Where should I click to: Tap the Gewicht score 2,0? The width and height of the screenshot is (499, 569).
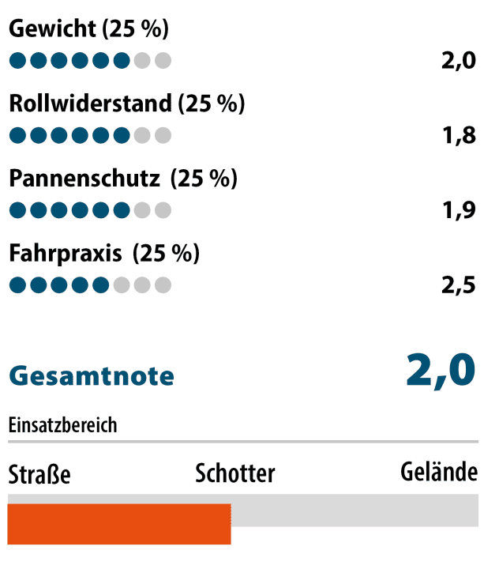[459, 61]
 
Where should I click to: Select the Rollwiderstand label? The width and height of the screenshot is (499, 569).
[90, 104]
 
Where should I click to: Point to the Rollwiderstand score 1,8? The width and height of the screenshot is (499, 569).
[459, 135]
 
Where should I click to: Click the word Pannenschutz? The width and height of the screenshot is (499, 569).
[84, 179]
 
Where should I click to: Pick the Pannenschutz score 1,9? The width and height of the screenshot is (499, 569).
[459, 210]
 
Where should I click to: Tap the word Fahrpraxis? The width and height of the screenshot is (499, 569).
[66, 254]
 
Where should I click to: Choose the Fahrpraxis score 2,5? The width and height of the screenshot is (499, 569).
[459, 285]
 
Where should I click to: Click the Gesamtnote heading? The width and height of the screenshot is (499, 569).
[92, 375]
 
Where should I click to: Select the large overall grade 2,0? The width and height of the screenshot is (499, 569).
[441, 370]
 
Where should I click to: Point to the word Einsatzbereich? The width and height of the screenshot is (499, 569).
[62, 425]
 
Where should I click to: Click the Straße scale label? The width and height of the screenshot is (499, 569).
[39, 474]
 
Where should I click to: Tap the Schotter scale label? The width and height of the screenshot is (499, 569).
[235, 473]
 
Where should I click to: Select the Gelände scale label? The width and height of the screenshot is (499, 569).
[439, 473]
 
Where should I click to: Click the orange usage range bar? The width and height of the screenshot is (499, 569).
[119, 523]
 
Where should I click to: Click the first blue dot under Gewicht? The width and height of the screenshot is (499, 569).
[17, 61]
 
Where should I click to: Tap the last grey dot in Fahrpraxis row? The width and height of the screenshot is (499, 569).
[163, 285]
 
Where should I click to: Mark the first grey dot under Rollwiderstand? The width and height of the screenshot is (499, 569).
[142, 135]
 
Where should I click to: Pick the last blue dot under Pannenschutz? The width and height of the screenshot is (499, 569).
[121, 210]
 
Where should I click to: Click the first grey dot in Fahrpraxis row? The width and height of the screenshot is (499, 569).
[121, 285]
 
